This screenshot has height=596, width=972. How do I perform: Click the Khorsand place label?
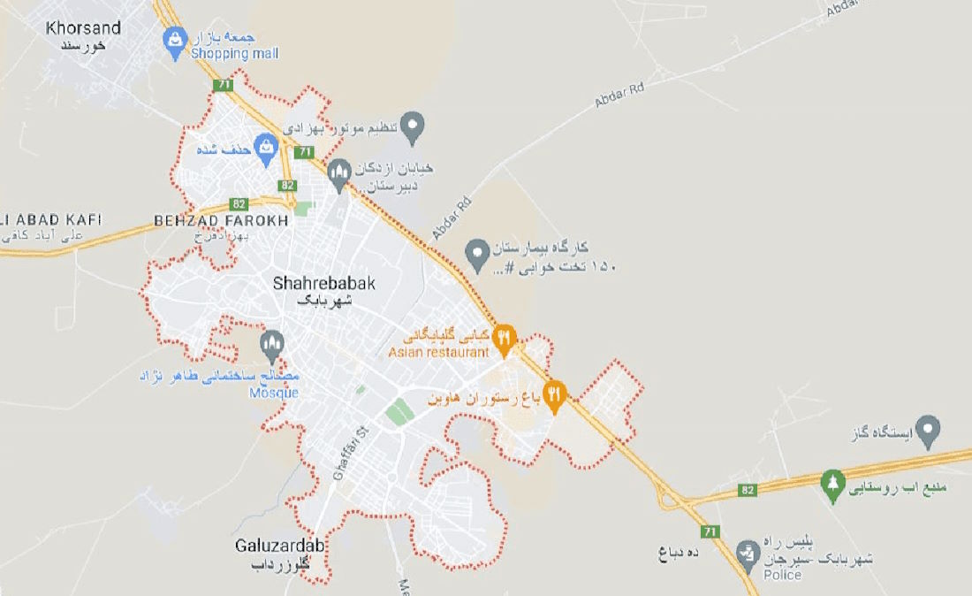coord(84,28)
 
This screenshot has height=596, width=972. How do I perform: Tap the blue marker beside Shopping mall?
coord(175,39)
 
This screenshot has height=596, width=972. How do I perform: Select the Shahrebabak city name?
coord(324,284)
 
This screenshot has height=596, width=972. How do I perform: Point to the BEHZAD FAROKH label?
coord(221,220)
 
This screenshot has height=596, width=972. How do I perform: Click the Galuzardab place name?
coord(280,546)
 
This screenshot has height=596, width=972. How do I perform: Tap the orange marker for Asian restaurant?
coord(505,338)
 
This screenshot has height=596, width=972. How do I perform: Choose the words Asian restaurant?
coord(439,352)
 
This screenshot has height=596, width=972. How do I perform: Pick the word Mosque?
coord(273,393)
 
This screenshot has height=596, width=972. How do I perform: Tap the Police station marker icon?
coord(748,552)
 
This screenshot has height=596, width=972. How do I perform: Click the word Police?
coord(782,575)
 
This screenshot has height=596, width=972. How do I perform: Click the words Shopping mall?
coord(234,54)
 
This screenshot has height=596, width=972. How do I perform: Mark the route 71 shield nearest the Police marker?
coord(710,531)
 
